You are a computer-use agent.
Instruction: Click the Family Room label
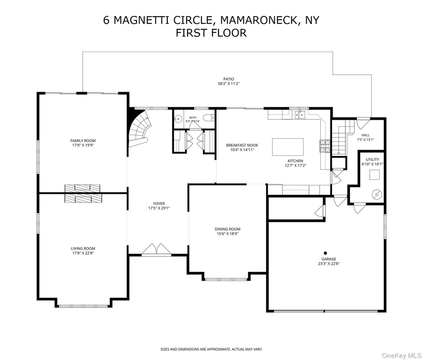pos(83,141)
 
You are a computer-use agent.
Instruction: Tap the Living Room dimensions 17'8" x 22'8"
pos(83,253)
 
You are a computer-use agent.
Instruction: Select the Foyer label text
pos(159,204)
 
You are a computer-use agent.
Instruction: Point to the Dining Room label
pos(228,229)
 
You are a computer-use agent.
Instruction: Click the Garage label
pos(328,259)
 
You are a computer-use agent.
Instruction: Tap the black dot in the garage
pos(326,253)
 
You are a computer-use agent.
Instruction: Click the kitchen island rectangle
pos(288,147)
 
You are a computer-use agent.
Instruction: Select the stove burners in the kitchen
pos(325,146)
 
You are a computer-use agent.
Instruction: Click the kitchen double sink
pos(300,115)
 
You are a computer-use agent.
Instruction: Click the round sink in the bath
pos(178,118)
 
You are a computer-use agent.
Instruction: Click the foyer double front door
pos(157,249)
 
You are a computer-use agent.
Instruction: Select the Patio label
pos(228,79)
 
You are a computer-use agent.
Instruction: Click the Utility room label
pos(372,160)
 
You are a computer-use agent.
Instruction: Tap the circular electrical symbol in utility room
pos(377,194)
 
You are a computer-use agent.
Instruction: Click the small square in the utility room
pos(374,175)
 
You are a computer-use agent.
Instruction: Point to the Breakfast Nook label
pos(242,145)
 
